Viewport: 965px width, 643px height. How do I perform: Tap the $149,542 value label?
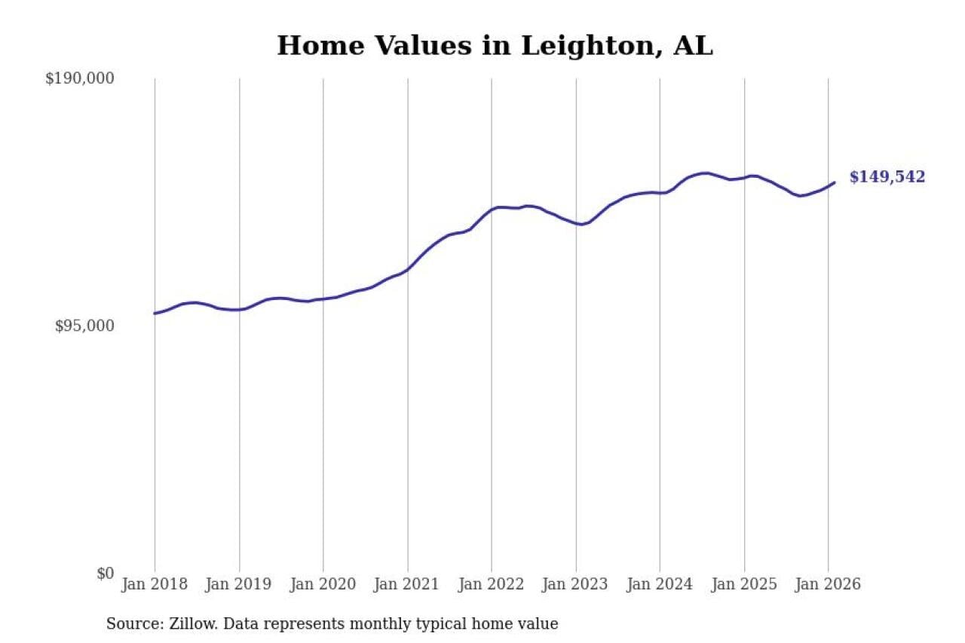coord(887,177)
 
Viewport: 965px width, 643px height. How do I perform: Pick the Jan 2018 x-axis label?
coord(155,585)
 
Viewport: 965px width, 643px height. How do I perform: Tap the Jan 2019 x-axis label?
coord(239,585)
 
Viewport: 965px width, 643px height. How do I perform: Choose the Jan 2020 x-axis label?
coord(323,585)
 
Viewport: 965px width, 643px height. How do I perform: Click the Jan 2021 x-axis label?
coord(408,585)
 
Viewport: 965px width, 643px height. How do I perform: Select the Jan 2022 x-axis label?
coord(492,585)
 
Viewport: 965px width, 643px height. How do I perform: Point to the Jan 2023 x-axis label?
coord(576,585)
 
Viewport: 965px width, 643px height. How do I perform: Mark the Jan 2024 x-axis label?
coord(660,585)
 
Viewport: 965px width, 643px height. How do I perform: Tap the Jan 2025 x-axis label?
coord(744,585)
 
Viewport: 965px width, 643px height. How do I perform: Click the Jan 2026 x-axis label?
coord(828,585)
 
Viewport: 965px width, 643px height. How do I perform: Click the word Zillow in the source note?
coord(184,624)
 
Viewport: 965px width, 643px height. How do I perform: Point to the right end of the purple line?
coord(834,182)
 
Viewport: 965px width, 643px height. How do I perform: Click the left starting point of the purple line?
coord(155,314)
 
